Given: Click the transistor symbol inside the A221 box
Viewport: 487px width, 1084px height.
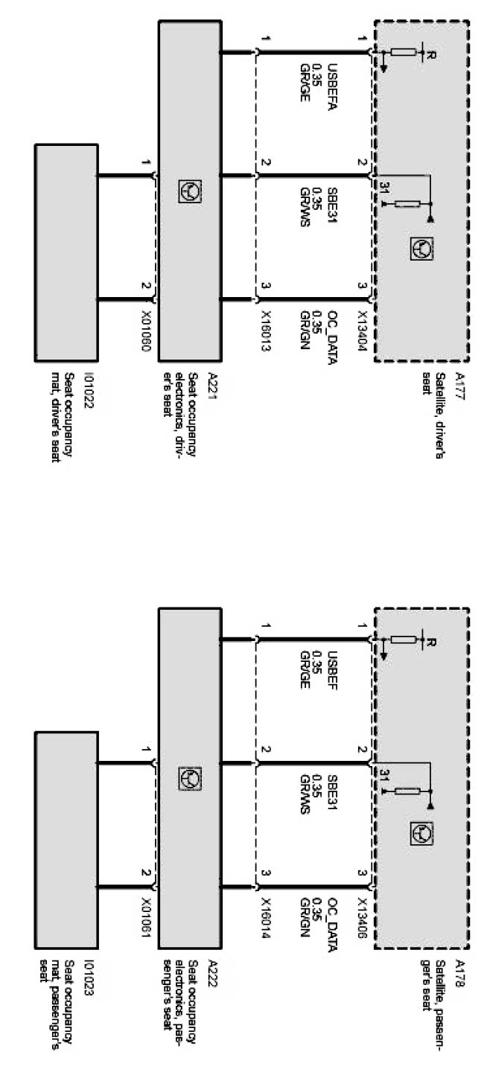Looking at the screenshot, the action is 189,192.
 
